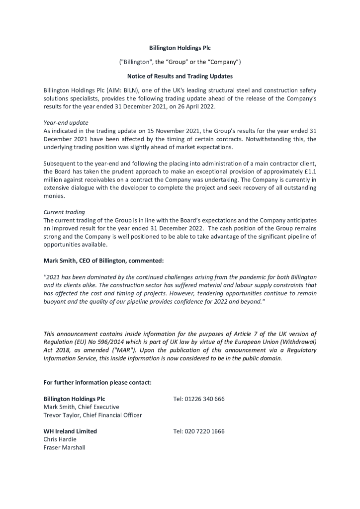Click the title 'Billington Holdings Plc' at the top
coord(180,48)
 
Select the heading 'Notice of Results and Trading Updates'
coord(180,77)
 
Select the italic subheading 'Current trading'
coord(64,212)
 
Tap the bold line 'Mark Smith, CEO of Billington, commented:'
coord(103,260)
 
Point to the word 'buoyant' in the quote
coord(55,302)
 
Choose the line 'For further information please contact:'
coord(97,382)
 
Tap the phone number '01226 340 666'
coord(204,399)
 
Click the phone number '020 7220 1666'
coord(204,431)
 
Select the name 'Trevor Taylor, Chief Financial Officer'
coord(92,415)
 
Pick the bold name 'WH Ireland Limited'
coord(70,431)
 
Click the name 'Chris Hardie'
coord(60,439)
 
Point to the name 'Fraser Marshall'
coord(64,447)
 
